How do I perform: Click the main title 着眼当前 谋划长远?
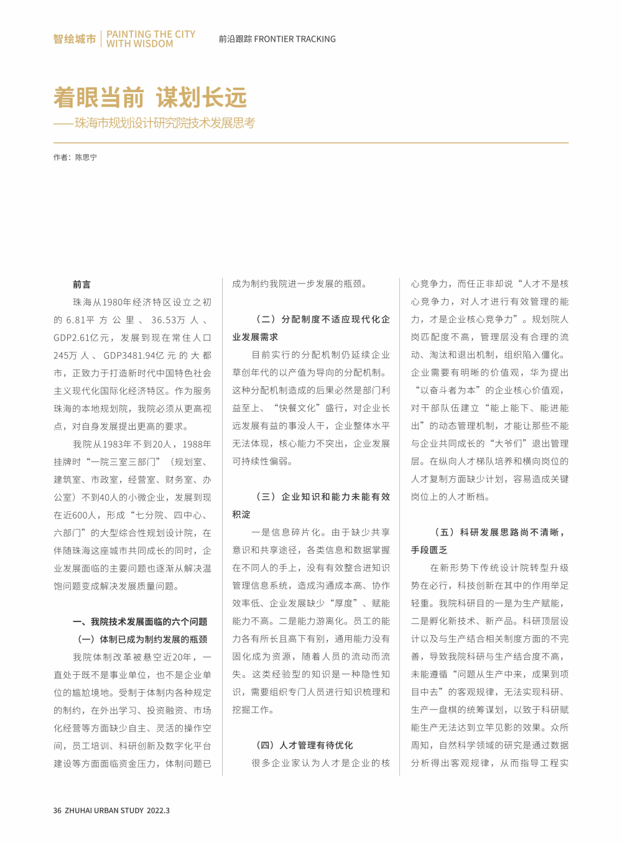(x=150, y=98)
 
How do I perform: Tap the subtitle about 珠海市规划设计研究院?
(x=165, y=123)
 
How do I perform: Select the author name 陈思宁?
(x=86, y=158)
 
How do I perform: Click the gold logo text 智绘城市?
(x=74, y=39)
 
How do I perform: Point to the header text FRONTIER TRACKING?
(x=295, y=39)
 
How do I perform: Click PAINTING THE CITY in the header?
(x=151, y=34)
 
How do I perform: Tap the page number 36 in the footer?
(x=57, y=810)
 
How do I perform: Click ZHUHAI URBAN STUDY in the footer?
(x=103, y=810)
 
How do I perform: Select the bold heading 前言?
(x=81, y=284)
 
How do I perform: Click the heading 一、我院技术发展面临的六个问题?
(x=140, y=621)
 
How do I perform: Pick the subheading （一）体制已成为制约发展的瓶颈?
(x=142, y=639)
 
